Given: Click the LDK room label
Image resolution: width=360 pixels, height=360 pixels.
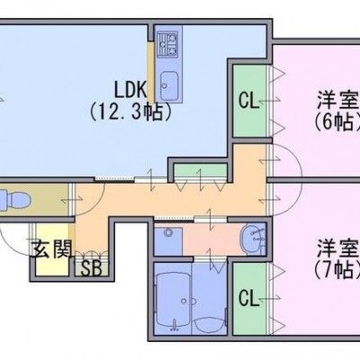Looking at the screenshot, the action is (130, 89).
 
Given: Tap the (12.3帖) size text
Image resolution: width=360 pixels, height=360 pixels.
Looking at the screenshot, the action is (130, 112).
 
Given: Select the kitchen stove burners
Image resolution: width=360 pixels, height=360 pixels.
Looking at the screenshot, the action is (168, 44).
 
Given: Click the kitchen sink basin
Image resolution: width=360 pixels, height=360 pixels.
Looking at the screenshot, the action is (169, 86).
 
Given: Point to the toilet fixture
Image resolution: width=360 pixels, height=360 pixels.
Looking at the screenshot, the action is (15, 199).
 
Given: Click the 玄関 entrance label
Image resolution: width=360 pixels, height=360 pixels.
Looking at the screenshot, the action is (52, 248).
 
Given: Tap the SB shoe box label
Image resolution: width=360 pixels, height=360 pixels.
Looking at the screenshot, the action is (91, 269).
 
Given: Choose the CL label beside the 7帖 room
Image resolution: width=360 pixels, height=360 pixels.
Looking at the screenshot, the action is (248, 298).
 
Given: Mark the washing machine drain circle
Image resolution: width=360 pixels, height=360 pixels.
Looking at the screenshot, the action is (168, 232).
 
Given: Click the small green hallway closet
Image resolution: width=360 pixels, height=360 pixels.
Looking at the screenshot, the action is (201, 171).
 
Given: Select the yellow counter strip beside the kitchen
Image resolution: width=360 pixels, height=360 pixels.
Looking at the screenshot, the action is (151, 73).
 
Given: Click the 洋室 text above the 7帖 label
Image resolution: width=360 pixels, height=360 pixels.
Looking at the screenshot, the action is (338, 248).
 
